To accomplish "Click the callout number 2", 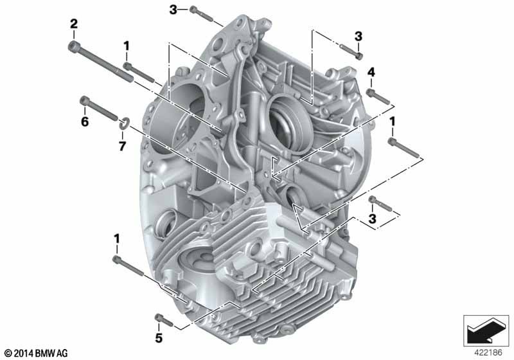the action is [x=74, y=24].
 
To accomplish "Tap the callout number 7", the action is [x=122, y=146].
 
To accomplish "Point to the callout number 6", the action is [x=85, y=122].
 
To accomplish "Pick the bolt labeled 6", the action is [x=99, y=108].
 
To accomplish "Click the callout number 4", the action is [x=371, y=72].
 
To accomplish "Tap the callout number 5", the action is [x=159, y=337].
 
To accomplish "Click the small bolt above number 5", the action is [x=163, y=319].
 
